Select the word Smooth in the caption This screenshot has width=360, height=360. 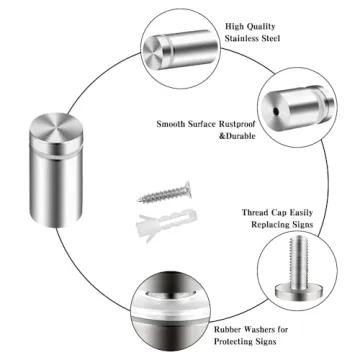click(177, 125)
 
